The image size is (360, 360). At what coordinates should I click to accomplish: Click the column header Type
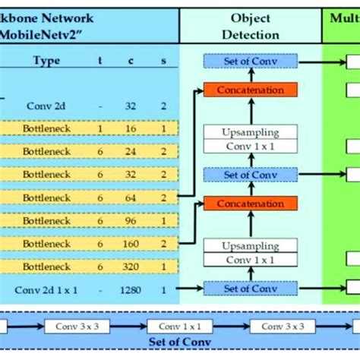tap(48, 61)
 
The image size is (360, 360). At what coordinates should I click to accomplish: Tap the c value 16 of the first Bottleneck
tap(131, 128)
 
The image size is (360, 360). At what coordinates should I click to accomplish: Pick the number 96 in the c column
tap(131, 221)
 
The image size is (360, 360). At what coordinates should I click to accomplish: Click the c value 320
tap(131, 267)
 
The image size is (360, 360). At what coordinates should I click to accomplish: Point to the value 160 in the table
tap(131, 244)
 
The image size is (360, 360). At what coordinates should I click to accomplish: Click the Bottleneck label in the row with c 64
tap(46, 197)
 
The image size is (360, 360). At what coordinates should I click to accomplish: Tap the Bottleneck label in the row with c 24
tap(46, 152)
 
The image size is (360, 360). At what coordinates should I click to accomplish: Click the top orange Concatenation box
tap(250, 90)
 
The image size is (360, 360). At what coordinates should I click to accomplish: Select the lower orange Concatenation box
tap(250, 204)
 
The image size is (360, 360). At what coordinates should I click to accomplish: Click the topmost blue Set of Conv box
tap(250, 61)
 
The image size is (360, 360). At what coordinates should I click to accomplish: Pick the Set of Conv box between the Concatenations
tap(250, 175)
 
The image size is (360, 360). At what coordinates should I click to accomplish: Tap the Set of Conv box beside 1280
tap(250, 289)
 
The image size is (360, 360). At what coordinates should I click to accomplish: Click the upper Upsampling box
tap(250, 132)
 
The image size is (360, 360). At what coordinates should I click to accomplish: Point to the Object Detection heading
tap(250, 25)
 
